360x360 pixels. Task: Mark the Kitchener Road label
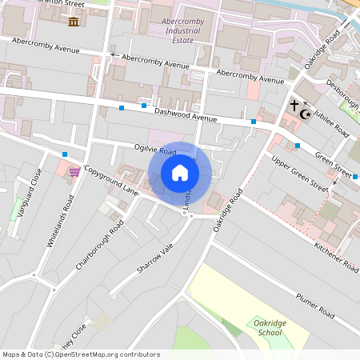(x=336, y=255)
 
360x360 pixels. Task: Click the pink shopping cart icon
(x=74, y=170)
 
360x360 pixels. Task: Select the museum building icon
(x=74, y=21)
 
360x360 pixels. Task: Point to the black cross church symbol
(x=294, y=105)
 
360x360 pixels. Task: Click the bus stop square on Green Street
(x=298, y=146)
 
